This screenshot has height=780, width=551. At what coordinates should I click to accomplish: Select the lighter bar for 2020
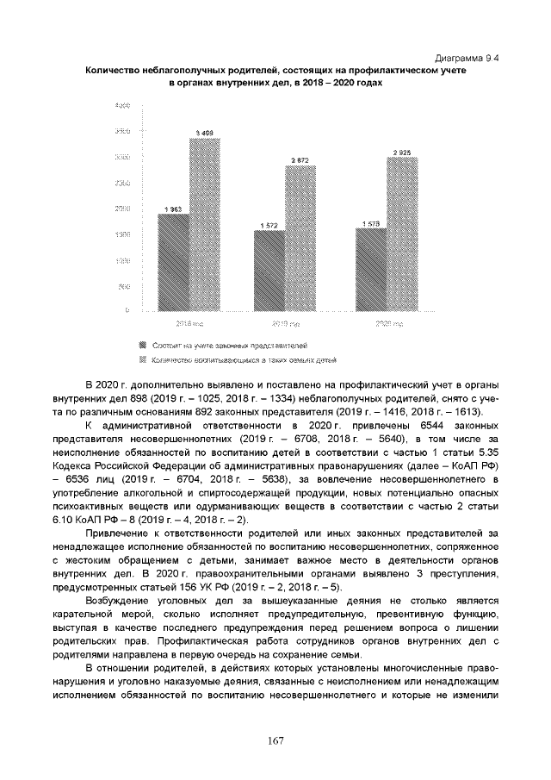[402, 234]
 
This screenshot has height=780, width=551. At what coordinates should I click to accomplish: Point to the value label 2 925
[402, 153]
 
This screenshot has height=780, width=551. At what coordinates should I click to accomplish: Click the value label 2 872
[300, 160]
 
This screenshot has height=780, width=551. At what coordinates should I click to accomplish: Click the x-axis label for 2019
[285, 324]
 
